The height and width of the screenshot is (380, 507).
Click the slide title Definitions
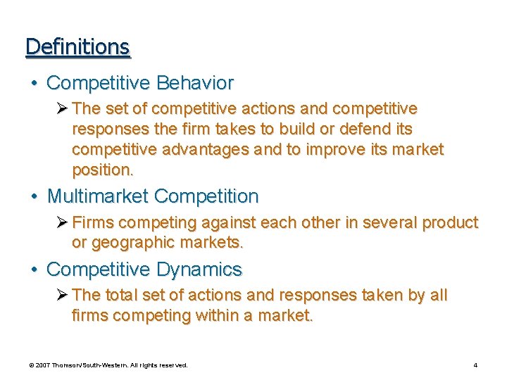[x=77, y=46]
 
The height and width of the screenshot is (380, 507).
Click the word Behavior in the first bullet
[x=195, y=83]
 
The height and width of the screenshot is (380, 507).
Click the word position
[x=100, y=170]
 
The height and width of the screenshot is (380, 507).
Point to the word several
[x=384, y=223]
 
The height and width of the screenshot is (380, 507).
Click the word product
[x=450, y=223]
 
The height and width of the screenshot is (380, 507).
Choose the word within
[x=219, y=316]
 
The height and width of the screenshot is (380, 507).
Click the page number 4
[x=476, y=365]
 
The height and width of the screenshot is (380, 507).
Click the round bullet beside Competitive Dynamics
[x=35, y=270]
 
